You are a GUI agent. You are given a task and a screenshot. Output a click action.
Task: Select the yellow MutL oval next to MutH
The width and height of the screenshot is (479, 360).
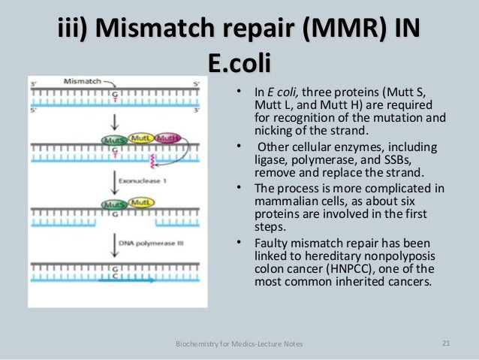[142, 138]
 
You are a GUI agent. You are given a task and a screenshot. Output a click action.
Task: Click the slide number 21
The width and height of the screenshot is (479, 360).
[446, 343]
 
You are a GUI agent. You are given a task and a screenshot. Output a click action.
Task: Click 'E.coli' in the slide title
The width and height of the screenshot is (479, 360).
[239, 62]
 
